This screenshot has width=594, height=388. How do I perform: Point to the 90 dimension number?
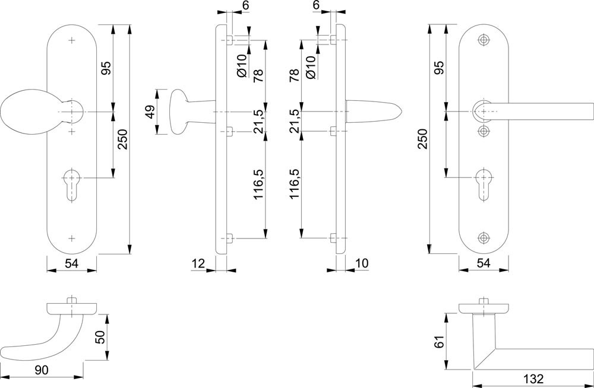[x=42, y=370]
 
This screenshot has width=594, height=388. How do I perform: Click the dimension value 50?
[x=101, y=337]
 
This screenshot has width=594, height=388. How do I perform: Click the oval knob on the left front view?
[x=24, y=112]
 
